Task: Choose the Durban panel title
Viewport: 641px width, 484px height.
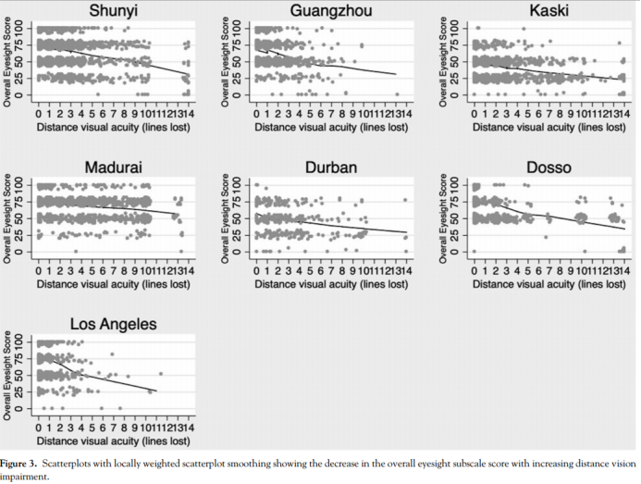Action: (329, 168)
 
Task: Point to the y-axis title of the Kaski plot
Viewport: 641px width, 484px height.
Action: (445, 57)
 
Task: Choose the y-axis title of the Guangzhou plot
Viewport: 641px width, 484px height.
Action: (228, 57)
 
